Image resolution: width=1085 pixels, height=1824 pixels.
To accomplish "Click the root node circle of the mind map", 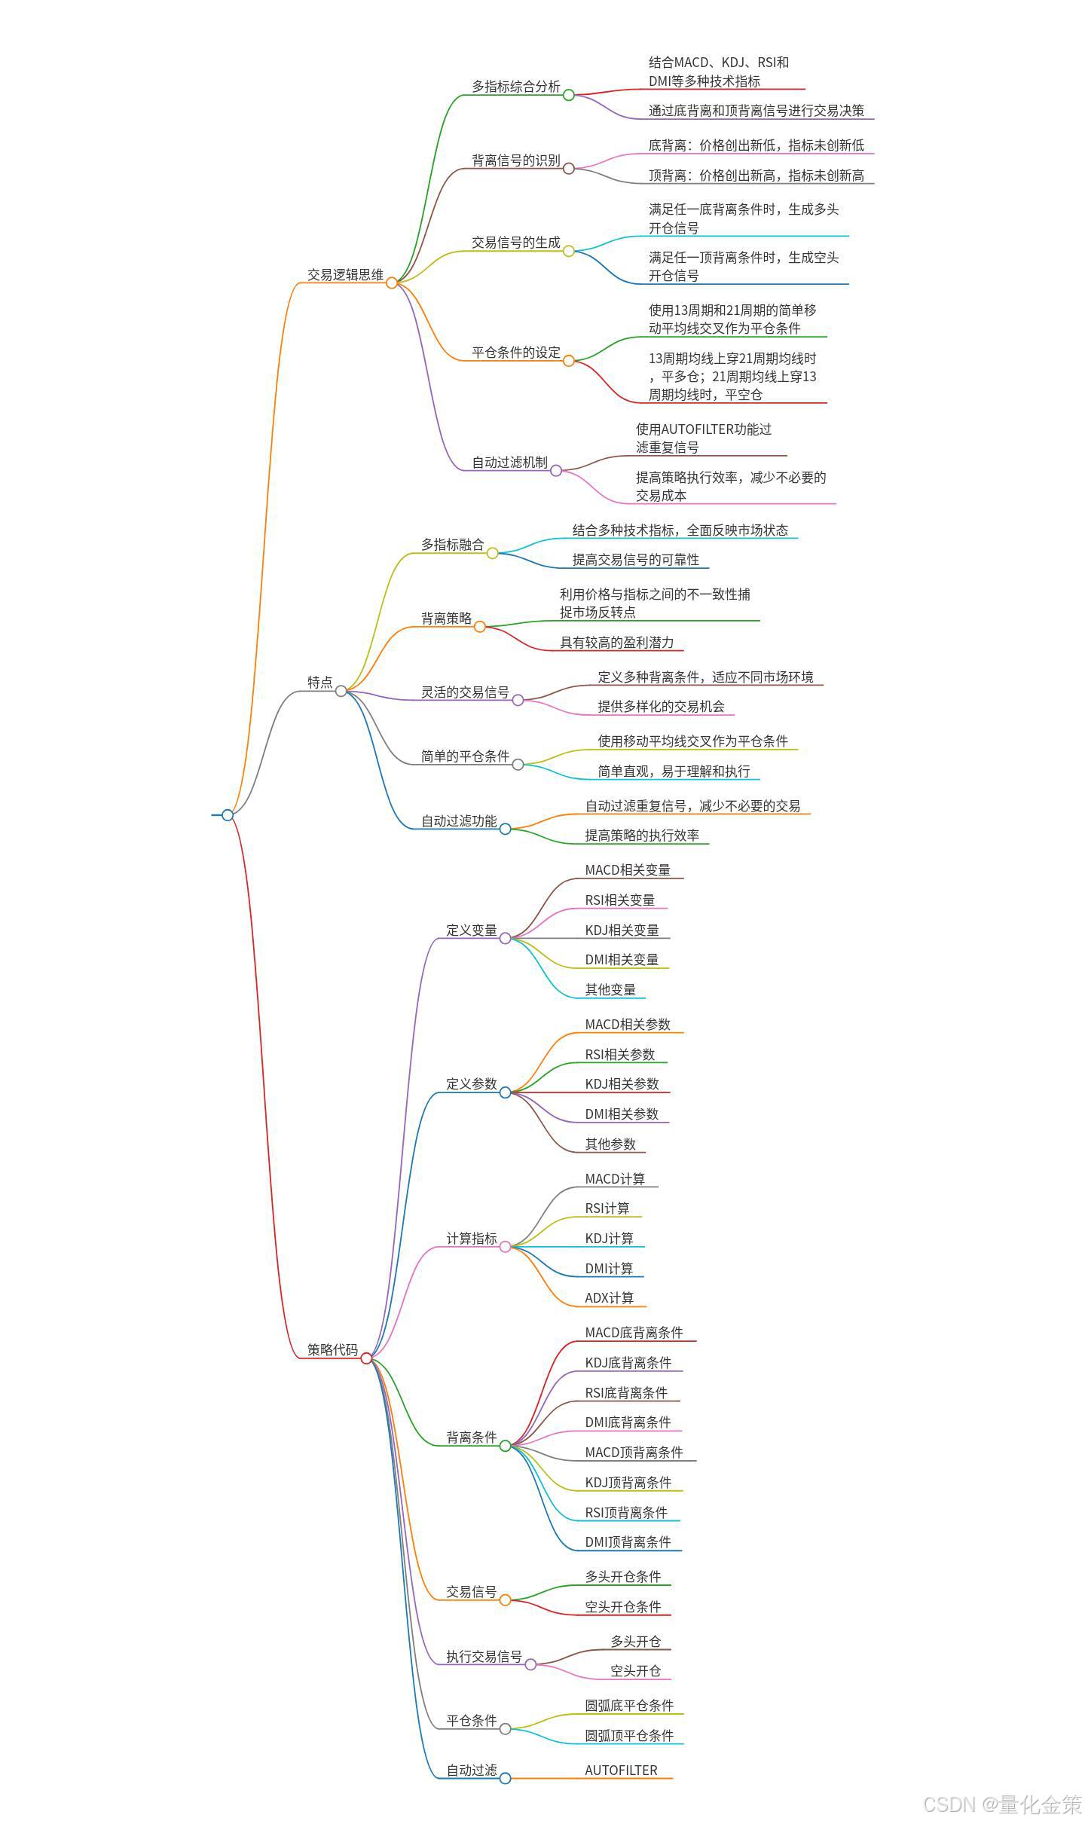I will point(228,814).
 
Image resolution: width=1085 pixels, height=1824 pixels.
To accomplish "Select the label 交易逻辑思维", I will point(345,275).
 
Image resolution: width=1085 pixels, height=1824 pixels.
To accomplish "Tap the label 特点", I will point(319,682).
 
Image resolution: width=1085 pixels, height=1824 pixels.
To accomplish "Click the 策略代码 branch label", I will point(332,1349).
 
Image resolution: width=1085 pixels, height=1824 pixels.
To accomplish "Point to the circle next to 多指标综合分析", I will point(569,95).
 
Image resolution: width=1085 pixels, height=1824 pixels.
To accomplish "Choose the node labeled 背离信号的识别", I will point(516,160).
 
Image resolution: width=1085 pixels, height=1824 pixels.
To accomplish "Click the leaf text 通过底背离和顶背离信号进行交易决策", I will point(756,111).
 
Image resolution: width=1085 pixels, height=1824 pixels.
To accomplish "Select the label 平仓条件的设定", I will point(516,352).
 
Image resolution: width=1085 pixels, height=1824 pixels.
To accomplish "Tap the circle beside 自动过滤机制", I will point(556,470).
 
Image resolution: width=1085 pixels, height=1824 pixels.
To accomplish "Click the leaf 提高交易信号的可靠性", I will point(635,560).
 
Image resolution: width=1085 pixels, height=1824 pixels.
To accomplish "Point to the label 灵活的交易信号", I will point(465,692).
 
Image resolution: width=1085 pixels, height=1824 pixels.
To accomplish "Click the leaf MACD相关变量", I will point(627,870).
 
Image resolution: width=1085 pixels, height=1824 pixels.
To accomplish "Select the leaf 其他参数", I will point(610,1144).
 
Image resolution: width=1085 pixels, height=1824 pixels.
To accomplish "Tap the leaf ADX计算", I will point(609,1297).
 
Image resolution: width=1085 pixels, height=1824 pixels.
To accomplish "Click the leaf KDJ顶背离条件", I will point(628,1482).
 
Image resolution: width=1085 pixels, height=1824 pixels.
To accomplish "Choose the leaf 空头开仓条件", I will point(622,1606).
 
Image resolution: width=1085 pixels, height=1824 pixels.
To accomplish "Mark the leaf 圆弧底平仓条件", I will point(629,1705).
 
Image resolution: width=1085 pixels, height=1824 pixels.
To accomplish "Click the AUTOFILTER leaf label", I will point(621,1770).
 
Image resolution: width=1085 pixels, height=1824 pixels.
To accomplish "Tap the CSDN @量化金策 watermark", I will point(1001,1804).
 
